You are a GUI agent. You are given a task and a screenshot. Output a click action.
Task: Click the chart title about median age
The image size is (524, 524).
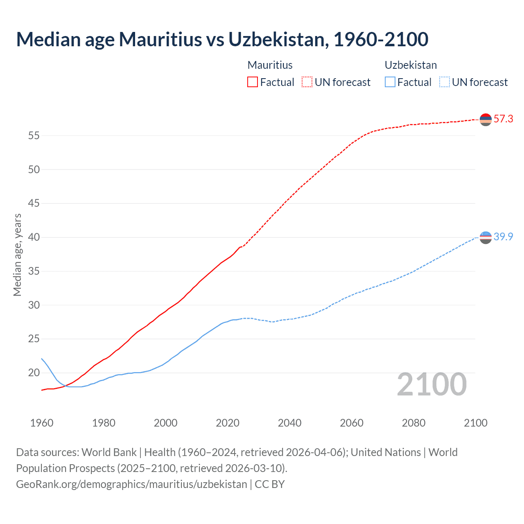(222, 39)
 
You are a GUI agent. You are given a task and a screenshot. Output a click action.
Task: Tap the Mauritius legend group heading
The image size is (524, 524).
(270, 65)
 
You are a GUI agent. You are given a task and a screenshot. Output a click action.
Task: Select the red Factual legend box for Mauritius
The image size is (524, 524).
(253, 82)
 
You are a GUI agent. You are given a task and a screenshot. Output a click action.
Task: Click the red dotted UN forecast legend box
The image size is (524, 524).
(307, 82)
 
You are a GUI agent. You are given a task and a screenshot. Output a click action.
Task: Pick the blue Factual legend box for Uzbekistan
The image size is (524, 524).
(390, 82)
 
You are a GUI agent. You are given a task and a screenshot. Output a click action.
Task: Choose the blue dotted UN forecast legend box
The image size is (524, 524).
(445, 82)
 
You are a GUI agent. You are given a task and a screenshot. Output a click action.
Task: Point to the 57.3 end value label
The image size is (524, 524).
(503, 119)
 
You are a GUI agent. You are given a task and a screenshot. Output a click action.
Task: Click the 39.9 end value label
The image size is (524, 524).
(503, 237)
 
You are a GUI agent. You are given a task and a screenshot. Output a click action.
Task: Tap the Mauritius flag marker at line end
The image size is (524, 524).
(486, 120)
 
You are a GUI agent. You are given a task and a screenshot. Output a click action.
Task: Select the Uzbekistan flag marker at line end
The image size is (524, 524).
(486, 237)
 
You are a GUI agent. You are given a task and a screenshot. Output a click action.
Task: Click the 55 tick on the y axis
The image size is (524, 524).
(34, 136)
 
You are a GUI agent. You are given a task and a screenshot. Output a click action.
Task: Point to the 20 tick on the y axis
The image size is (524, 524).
(34, 373)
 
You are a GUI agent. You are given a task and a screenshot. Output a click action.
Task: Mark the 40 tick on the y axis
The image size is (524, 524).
(34, 237)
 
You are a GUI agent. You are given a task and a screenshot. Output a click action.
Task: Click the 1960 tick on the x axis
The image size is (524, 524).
(42, 423)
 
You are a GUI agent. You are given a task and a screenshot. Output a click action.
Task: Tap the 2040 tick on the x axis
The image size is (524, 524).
(289, 423)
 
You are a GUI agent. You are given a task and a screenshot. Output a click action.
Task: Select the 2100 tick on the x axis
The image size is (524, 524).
(475, 423)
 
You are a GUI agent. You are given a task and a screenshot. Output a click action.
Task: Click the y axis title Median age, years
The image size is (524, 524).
(17, 255)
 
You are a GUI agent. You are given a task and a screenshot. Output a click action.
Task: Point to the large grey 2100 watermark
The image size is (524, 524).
(431, 384)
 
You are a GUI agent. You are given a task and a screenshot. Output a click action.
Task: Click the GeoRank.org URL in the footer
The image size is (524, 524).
(131, 484)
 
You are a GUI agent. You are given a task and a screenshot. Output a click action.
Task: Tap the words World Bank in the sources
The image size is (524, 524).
(109, 452)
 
